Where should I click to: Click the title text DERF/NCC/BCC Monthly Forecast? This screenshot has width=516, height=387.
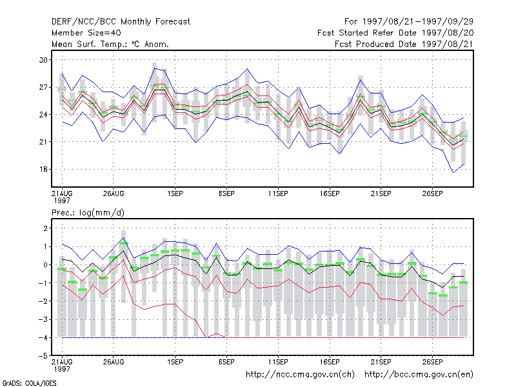point(121,22)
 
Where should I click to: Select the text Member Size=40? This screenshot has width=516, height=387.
point(86,33)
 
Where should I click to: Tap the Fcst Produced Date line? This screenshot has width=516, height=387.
point(404,44)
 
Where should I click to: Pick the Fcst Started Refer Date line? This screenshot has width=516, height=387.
point(395,33)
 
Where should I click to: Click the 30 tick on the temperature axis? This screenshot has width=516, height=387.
point(43,60)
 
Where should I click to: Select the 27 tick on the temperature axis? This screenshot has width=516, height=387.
point(43,87)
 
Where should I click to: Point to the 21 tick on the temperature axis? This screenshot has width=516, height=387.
point(43,142)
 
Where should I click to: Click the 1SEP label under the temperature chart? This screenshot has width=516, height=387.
point(175,193)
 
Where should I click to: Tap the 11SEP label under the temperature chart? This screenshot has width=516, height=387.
point(278,193)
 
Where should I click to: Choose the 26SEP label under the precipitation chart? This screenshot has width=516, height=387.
point(432,362)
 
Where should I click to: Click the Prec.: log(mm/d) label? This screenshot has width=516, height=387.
point(88,213)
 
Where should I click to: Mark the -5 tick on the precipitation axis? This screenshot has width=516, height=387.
point(43,356)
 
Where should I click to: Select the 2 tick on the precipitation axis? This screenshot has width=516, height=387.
point(45,228)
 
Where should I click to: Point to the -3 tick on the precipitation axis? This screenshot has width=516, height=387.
point(43,319)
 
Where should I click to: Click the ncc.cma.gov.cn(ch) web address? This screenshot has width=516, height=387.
point(300,375)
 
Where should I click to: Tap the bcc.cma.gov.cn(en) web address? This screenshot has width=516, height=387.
point(419,375)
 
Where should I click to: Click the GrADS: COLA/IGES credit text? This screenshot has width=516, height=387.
point(29,383)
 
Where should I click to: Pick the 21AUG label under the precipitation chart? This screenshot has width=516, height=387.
point(62,362)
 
